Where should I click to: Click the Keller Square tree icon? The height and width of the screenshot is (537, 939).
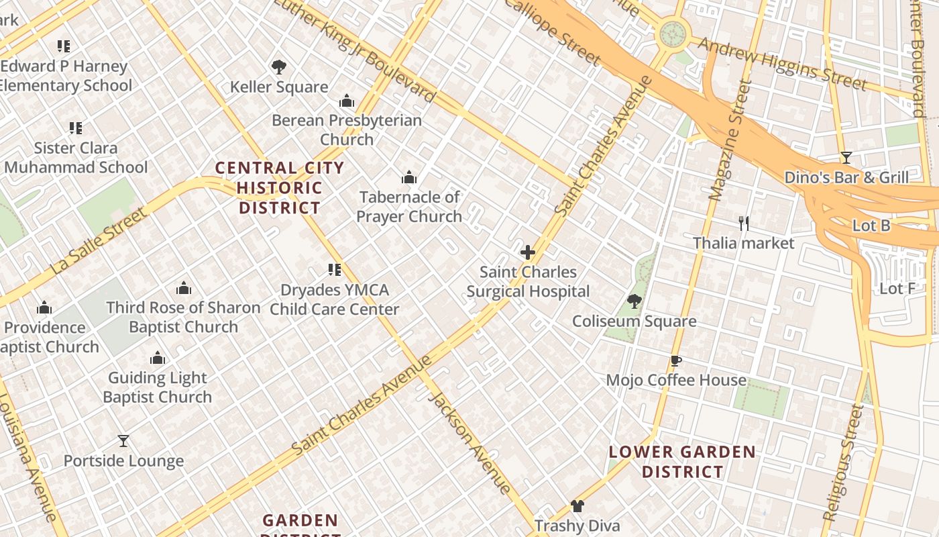coord(279,67)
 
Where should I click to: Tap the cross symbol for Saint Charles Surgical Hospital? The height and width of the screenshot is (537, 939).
coord(528,253)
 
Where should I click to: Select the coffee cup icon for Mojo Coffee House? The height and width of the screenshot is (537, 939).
coord(676,361)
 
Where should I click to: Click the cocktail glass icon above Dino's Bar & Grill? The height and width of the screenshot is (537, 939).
coord(846,158)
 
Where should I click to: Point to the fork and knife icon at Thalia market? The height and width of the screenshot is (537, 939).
coord(743,223)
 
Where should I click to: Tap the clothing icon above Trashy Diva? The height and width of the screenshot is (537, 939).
coord(577,506)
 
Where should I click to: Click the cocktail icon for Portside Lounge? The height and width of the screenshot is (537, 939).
coord(123,441)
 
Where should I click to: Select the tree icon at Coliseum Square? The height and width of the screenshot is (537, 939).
coord(634,301)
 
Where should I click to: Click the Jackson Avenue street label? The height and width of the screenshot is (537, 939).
coord(469,442)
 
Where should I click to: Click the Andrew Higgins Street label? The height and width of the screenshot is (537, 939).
coord(782,63)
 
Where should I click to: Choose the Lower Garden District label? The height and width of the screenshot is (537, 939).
coord(682,462)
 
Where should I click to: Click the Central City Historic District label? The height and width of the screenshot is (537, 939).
coord(280,188)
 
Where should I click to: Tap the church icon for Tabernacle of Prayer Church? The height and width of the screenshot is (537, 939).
coord(409,178)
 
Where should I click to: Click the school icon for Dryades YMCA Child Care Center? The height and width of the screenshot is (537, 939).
coord(334,270)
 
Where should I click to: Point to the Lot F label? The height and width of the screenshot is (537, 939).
coord(897,289)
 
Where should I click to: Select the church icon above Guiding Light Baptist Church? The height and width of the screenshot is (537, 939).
coord(158,358)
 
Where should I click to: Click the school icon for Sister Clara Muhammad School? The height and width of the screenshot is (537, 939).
coord(76,128)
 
